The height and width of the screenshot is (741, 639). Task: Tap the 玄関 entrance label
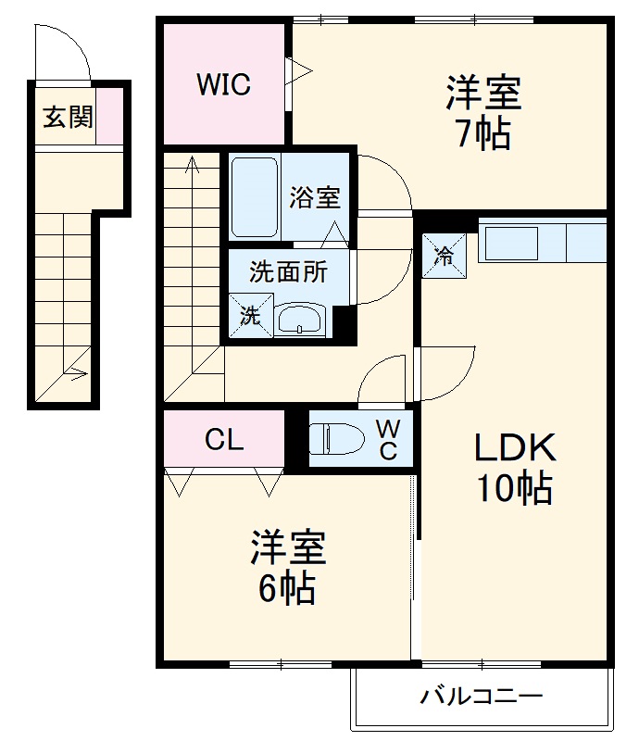click(x=67, y=117)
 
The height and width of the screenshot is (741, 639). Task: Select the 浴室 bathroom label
click(x=314, y=197)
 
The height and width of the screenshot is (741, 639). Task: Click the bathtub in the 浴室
click(x=254, y=196)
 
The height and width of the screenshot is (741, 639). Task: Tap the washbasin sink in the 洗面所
click(x=298, y=320)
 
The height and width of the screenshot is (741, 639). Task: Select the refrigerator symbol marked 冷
click(x=445, y=256)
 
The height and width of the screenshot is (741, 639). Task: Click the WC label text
click(x=388, y=439)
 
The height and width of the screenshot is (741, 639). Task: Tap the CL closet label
click(x=224, y=439)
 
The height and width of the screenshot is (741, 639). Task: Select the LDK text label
click(x=515, y=448)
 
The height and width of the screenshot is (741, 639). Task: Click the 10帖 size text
click(x=515, y=487)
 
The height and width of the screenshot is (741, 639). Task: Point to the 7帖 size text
click(x=482, y=135)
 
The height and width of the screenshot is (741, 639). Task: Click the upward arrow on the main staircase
click(x=192, y=167)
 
